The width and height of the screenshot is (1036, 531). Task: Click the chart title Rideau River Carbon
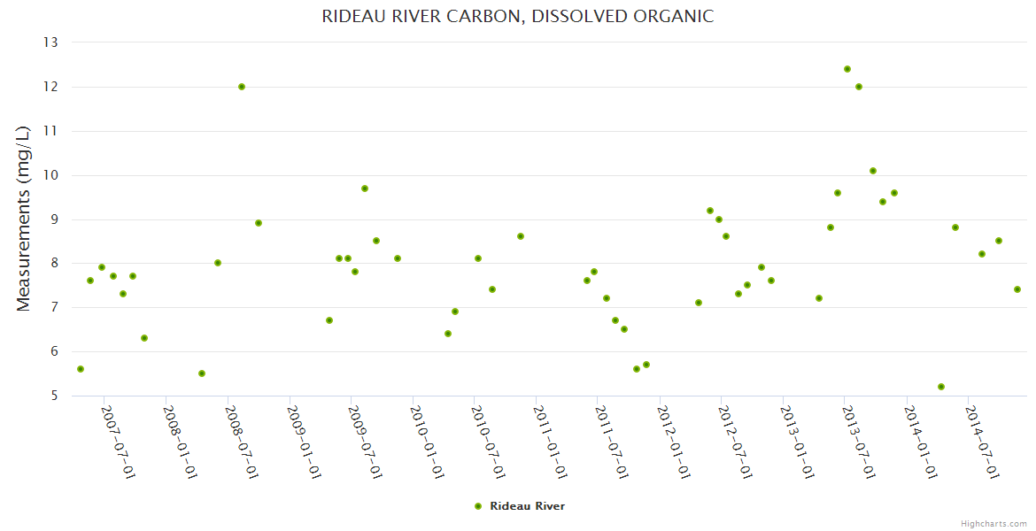pyautogui.click(x=517, y=16)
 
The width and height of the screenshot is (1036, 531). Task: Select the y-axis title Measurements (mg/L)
pyautogui.click(x=24, y=218)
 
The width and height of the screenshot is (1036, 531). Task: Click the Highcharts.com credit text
pyautogui.click(x=993, y=523)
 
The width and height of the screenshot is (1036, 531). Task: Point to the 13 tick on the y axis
pyautogui.click(x=50, y=42)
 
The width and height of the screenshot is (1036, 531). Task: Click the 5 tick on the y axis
pyautogui.click(x=54, y=396)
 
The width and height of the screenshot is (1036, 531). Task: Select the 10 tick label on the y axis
pyautogui.click(x=50, y=175)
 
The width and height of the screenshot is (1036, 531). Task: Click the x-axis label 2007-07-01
pyautogui.click(x=119, y=442)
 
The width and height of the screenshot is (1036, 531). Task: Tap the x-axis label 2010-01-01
pyautogui.click(x=427, y=442)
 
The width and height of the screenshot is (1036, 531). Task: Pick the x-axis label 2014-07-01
pyautogui.click(x=983, y=442)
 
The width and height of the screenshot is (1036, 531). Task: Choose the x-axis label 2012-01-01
pyautogui.click(x=674, y=442)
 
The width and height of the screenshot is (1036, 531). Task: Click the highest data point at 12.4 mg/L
pyautogui.click(x=847, y=69)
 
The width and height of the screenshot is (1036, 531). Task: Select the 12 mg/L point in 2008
pyautogui.click(x=242, y=87)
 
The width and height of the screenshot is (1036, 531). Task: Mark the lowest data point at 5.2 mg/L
pyautogui.click(x=941, y=387)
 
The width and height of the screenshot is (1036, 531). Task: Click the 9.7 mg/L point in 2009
pyautogui.click(x=365, y=189)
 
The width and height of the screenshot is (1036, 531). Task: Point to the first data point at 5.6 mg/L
pyautogui.click(x=81, y=369)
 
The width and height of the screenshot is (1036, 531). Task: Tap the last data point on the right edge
pyautogui.click(x=1017, y=289)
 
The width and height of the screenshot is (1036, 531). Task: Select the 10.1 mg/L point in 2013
pyautogui.click(x=873, y=171)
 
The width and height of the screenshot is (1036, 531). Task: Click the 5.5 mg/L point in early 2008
pyautogui.click(x=202, y=373)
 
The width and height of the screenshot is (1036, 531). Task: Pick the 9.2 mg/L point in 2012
pyautogui.click(x=710, y=211)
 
